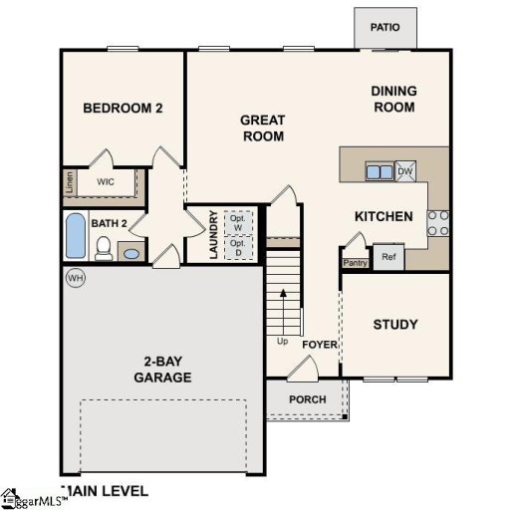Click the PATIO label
tap(384, 28)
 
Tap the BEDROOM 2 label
tap(123, 109)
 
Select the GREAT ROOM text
tap(263, 128)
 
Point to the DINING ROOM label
tap(393, 99)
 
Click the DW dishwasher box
tap(404, 171)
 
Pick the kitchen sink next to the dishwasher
tap(379, 171)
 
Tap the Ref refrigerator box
tap(388, 257)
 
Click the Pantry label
tap(356, 263)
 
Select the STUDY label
tap(395, 324)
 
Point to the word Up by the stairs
tap(283, 342)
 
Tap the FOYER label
tap(321, 345)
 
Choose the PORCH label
tap(307, 399)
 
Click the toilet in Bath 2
tap(103, 248)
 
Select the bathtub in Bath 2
tap(76, 236)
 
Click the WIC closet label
tap(105, 182)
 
